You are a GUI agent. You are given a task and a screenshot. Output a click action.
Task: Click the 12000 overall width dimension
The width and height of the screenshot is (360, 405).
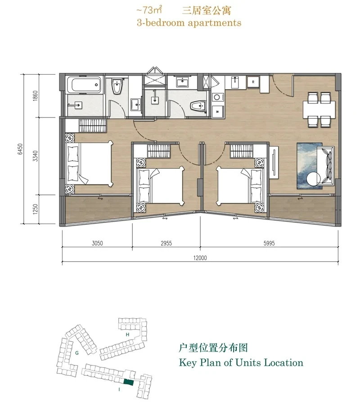click(x=200, y=258)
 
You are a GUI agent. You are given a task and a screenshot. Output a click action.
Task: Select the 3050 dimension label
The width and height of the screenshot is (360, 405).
click(x=97, y=243)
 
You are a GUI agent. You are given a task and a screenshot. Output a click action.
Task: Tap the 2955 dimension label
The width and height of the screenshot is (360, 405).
click(x=166, y=243)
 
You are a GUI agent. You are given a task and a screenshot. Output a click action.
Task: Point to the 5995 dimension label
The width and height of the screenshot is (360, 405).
click(x=269, y=243)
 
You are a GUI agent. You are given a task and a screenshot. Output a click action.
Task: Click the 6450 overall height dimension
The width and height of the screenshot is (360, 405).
click(x=20, y=149)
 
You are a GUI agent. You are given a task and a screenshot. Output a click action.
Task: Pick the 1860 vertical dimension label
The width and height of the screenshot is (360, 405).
click(x=36, y=96)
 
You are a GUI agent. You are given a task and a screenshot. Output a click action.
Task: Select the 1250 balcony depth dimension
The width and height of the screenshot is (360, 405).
click(x=36, y=209)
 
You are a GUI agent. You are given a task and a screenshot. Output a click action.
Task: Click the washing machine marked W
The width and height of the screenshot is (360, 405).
click(x=217, y=112)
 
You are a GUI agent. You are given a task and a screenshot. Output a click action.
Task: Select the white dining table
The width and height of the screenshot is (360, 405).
click(x=319, y=109)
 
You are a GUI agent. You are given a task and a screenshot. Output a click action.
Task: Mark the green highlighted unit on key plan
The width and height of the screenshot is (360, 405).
click(x=129, y=382)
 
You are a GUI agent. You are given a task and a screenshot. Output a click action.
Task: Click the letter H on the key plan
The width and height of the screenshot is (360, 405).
click(x=127, y=335)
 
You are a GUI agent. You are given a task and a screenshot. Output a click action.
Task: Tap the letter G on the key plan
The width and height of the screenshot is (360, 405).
click(x=77, y=353)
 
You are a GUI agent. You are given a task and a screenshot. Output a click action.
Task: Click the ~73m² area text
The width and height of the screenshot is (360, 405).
click(x=149, y=10)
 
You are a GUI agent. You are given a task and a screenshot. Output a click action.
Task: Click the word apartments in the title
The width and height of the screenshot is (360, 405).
click(x=215, y=23)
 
